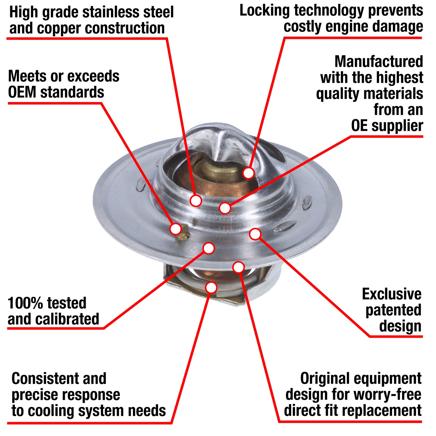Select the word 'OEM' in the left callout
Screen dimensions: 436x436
point(22,92)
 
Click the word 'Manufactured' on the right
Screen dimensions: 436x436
point(379,62)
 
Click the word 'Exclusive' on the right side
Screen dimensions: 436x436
point(392,294)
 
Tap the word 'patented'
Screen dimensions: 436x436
point(393,310)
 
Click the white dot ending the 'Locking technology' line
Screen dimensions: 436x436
point(249,173)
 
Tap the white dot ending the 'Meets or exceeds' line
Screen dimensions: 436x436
point(176,229)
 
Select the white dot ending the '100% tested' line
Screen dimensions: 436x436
point(209,248)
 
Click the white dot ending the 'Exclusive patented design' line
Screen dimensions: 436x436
point(255,234)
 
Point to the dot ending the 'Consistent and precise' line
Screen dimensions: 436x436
point(211,287)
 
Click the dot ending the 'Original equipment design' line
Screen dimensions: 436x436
point(238,267)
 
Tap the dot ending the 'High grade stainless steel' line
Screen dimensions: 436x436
point(196,201)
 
